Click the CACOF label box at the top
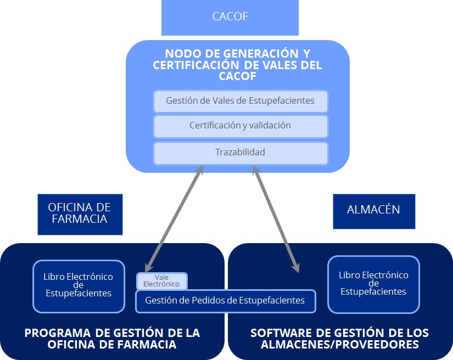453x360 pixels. pos(230,17)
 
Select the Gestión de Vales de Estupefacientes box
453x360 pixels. pos(241,101)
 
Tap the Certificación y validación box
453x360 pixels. pos(241,126)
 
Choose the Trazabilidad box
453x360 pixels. pos(241,153)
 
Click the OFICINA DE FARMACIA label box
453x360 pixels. pos(80,213)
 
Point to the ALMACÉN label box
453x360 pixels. pos(373,210)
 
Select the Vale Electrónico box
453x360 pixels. pos(161,281)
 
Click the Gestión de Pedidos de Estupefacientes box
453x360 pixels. pos(225,301)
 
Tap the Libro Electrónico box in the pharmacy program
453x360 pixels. pos(79,285)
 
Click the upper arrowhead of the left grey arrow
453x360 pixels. pos(201,170)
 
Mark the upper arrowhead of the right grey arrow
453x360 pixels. pos(255,169)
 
